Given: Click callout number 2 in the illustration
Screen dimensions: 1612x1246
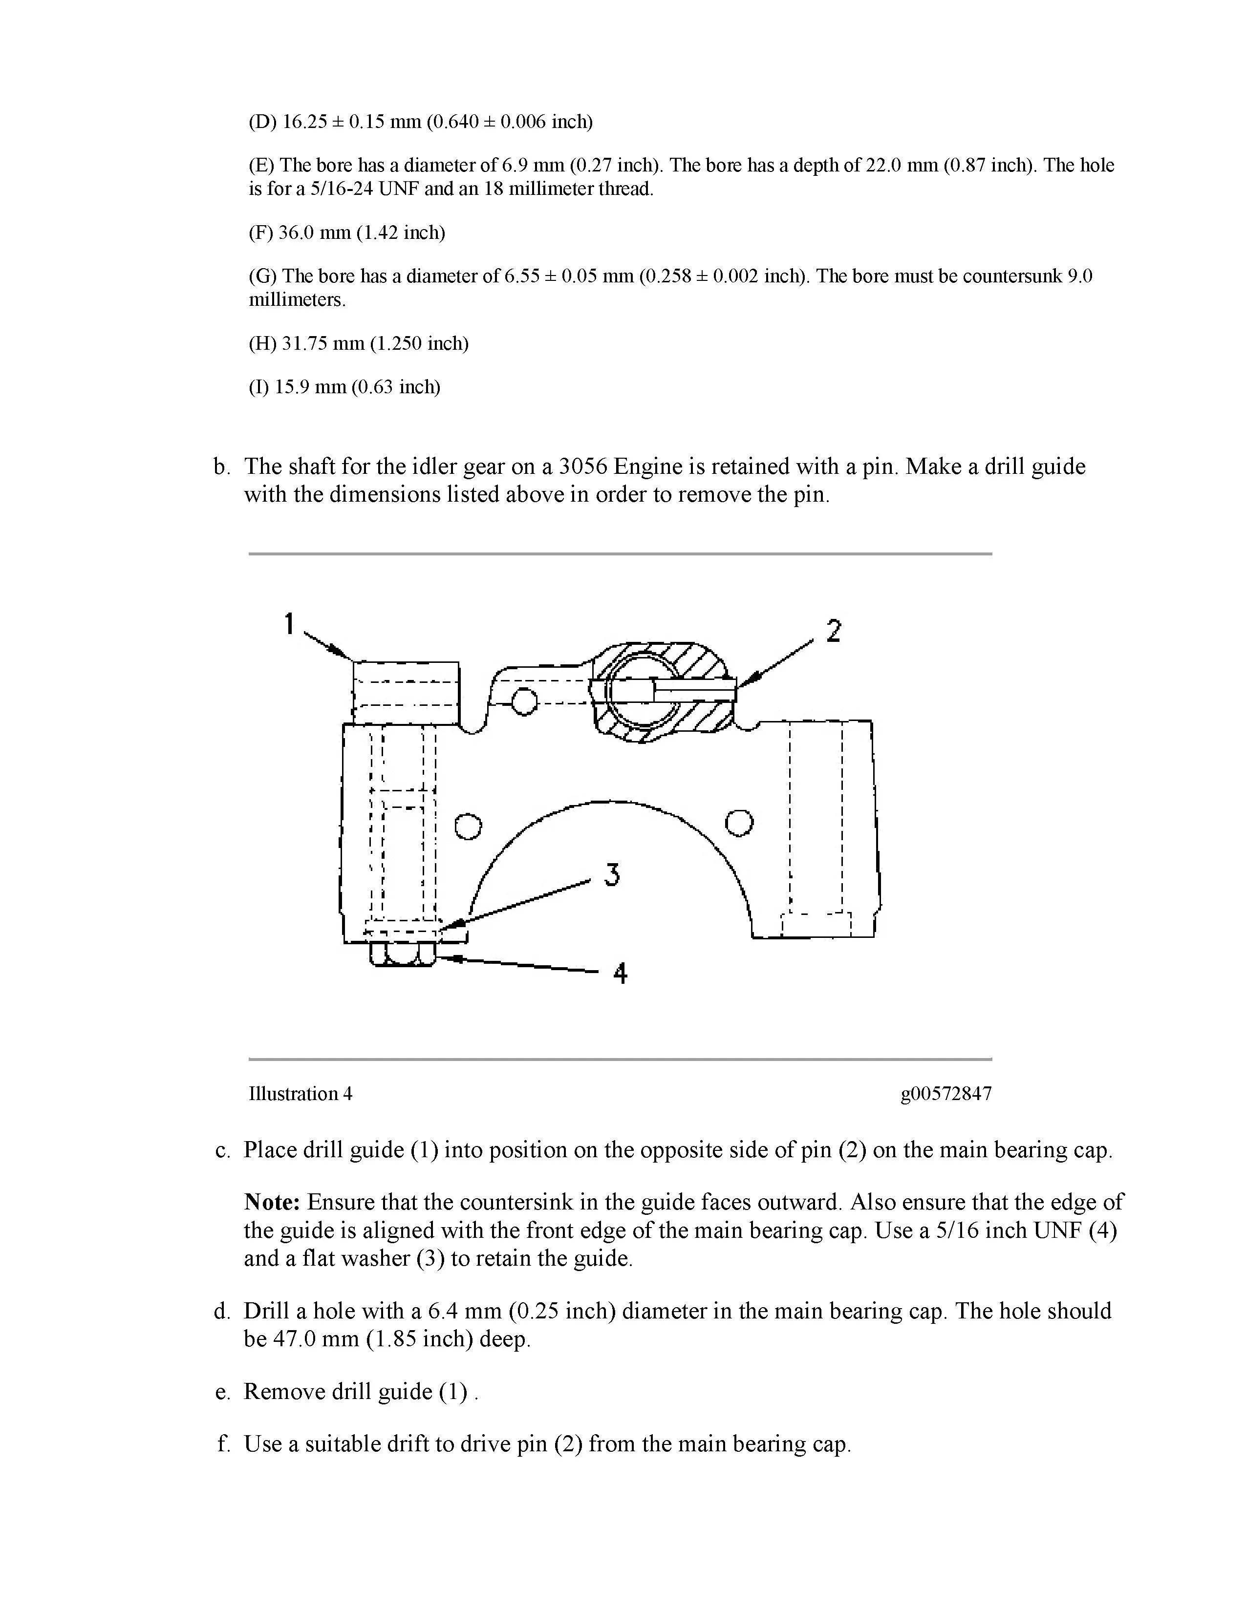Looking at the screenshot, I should [x=834, y=631].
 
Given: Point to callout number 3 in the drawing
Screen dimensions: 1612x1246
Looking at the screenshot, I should [x=611, y=875].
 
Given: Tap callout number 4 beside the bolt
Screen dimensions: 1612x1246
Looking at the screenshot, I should [x=620, y=975].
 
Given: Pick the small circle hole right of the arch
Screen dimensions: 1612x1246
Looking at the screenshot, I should [x=740, y=822].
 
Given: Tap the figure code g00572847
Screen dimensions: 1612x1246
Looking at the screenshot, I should [x=945, y=1094].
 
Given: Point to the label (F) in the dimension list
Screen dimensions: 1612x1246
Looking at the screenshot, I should [x=260, y=233].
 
